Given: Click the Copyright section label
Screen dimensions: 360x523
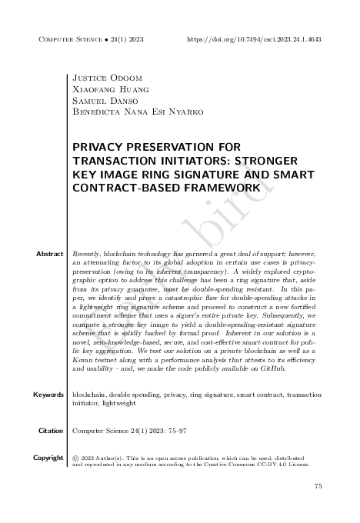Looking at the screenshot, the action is tap(48, 458).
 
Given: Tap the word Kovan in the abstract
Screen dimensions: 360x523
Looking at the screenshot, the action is tap(84, 360).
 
